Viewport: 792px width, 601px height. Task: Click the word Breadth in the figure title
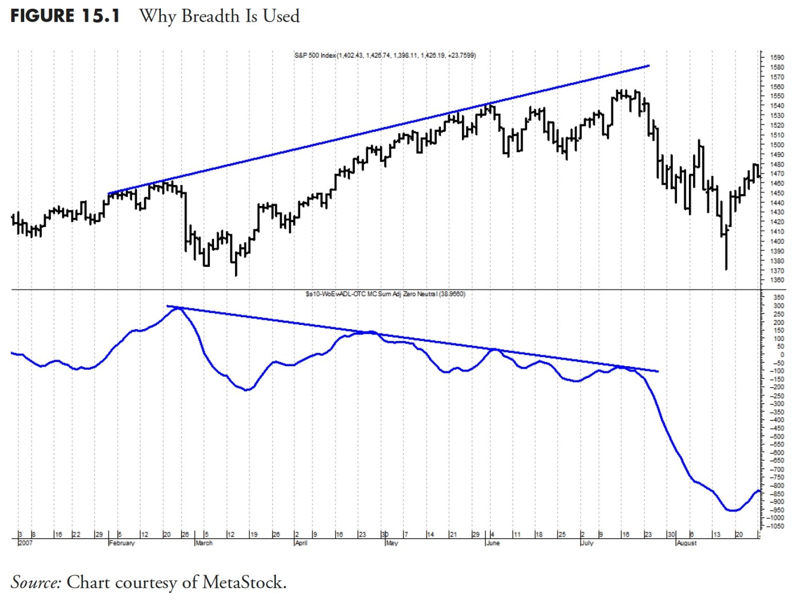(210, 16)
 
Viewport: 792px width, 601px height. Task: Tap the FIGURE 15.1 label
(65, 16)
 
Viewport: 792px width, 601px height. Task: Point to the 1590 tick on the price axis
(777, 58)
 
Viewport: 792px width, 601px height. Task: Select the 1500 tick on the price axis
(777, 145)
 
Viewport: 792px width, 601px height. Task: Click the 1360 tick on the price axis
(777, 280)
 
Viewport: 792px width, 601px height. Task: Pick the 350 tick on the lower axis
(779, 298)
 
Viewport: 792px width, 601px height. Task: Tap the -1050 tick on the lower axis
(775, 526)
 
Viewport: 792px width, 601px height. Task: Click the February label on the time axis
(122, 543)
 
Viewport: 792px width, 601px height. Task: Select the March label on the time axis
(204, 543)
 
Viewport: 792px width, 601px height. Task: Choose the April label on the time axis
(301, 543)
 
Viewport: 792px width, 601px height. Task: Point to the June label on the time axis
(493, 543)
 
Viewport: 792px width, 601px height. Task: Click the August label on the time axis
(687, 543)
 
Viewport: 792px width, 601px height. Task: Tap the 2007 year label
(25, 543)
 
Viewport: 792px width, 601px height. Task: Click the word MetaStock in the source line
(243, 582)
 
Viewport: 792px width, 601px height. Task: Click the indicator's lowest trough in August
(732, 510)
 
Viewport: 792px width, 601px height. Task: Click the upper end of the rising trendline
(649, 66)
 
